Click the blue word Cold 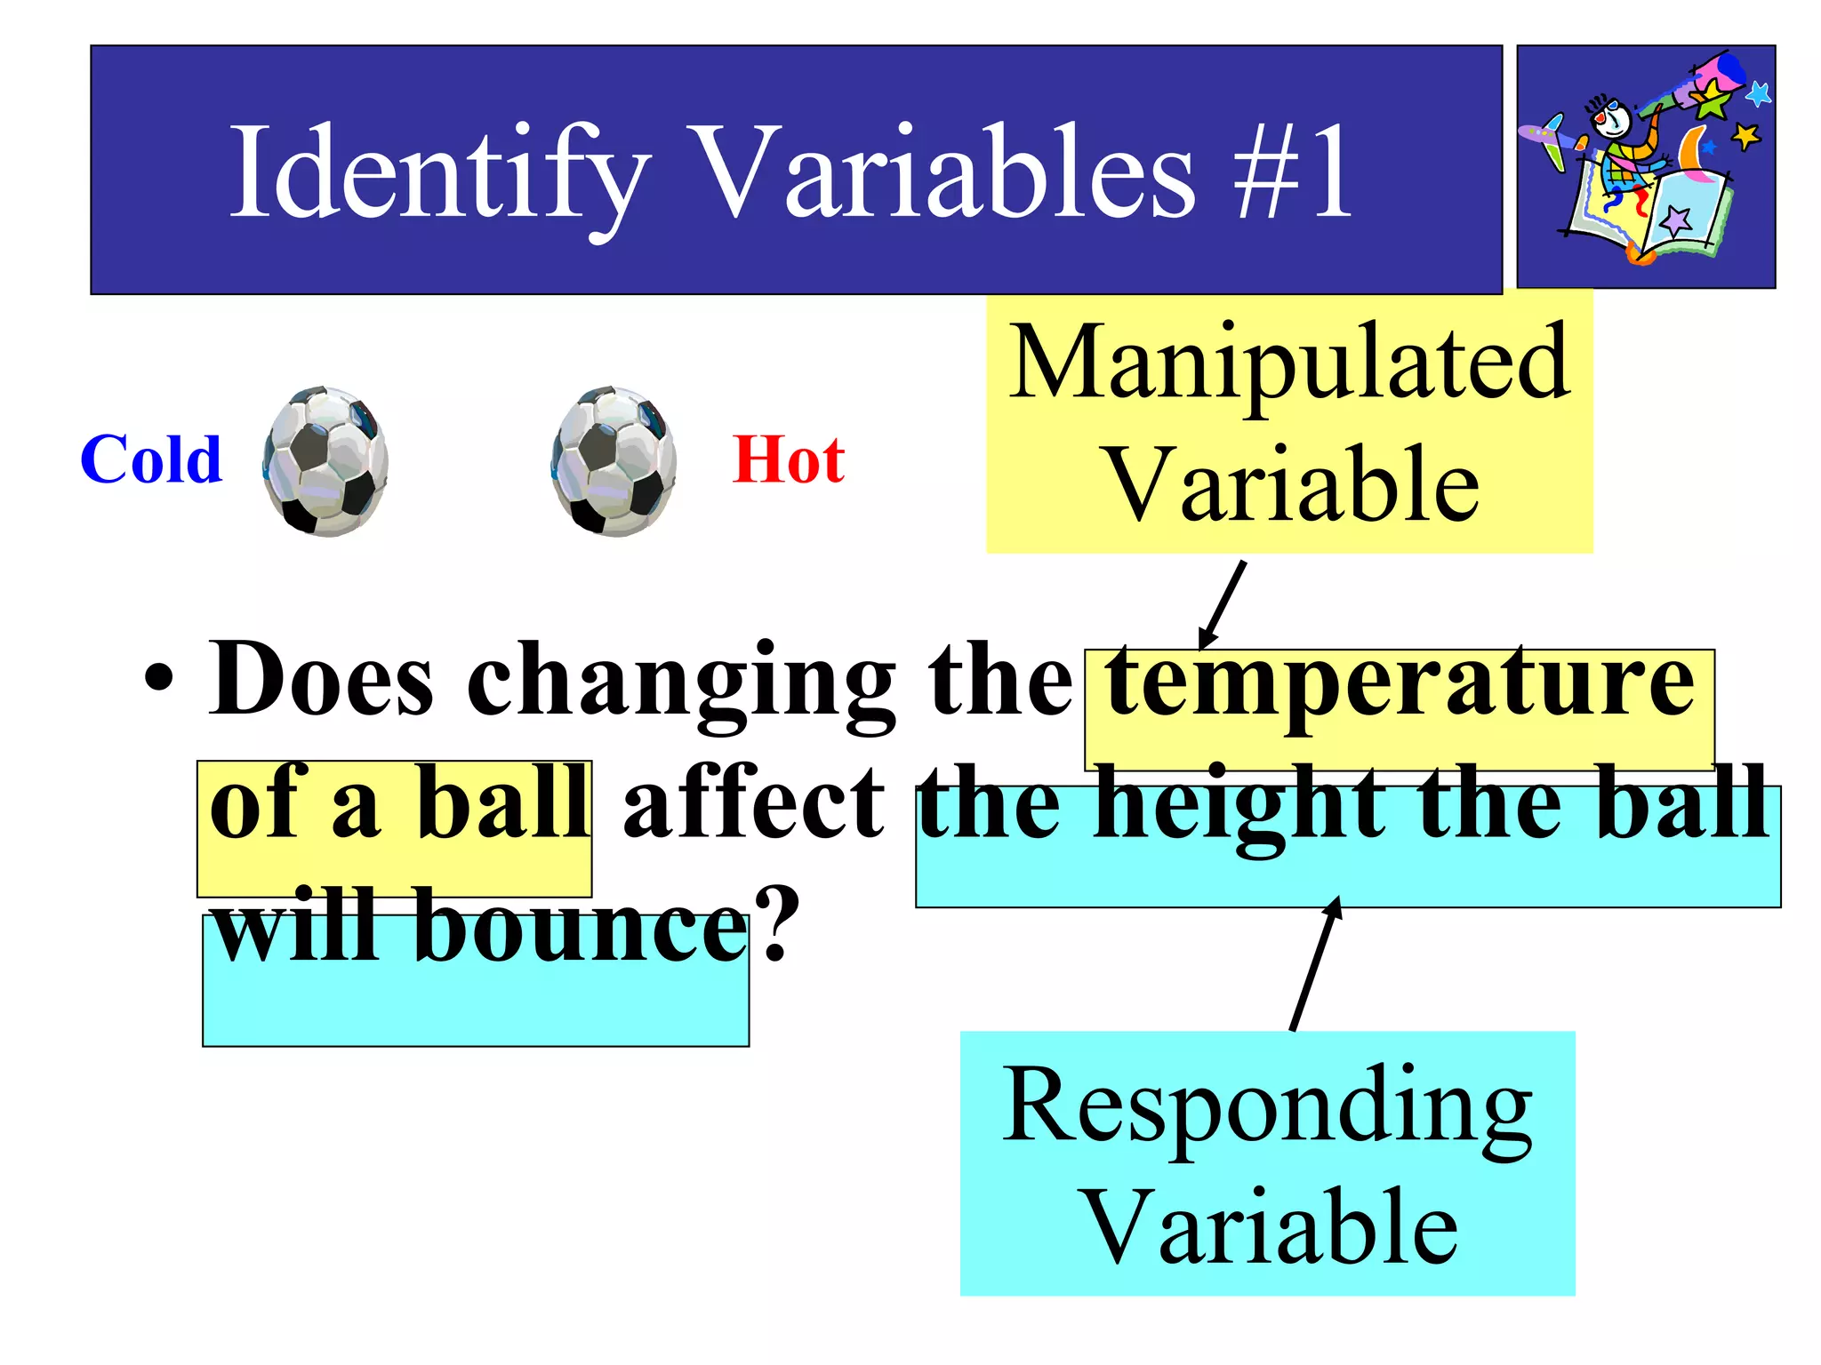[x=151, y=460]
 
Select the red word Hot [x=788, y=460]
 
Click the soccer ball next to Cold [x=325, y=460]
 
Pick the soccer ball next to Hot [x=614, y=460]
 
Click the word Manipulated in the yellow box [x=1289, y=363]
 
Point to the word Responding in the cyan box [x=1268, y=1106]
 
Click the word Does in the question [x=322, y=680]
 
